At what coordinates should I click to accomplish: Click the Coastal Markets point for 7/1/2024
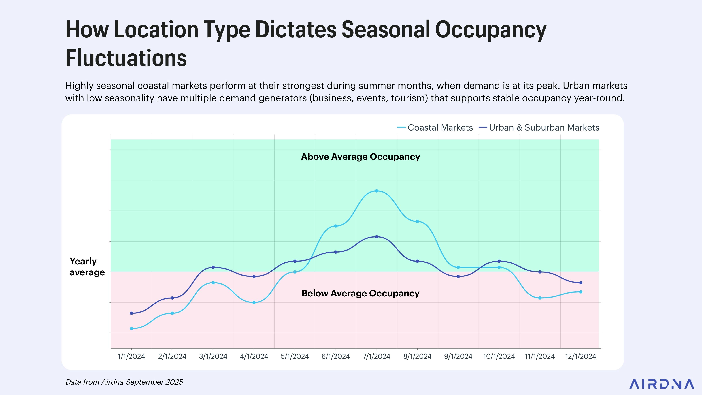pos(376,191)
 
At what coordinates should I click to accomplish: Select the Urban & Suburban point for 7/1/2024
pos(376,237)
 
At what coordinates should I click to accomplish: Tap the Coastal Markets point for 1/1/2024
pos(132,328)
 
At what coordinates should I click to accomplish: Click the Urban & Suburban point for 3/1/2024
pos(213,267)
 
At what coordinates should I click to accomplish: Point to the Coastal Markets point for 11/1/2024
pos(540,298)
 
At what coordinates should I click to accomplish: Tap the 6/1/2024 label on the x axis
pos(335,356)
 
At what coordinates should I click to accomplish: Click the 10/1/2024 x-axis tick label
pos(499,356)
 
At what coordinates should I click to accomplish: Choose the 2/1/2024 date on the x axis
pos(172,356)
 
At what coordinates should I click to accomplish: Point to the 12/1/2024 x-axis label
pos(580,356)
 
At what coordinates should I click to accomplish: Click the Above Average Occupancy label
pos(360,157)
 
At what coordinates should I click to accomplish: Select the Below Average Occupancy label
pos(360,293)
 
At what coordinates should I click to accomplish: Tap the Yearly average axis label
pos(87,267)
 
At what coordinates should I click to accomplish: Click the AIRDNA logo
pos(661,384)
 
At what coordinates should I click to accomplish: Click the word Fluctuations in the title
pos(126,58)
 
